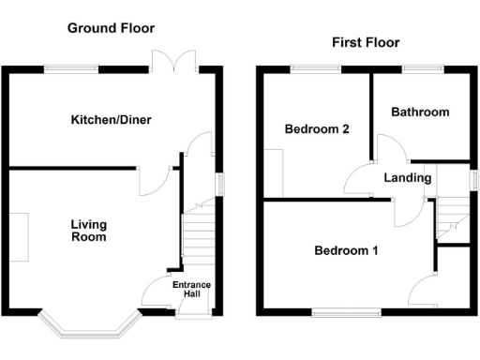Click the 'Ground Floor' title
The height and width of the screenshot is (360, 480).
[x=111, y=28]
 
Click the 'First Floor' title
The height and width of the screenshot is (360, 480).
[x=366, y=42]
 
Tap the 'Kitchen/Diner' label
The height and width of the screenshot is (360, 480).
[x=112, y=120]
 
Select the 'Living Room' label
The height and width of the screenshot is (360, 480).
[x=90, y=231]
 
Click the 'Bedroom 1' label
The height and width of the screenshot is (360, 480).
[x=346, y=250]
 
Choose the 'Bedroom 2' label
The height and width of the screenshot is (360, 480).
[x=317, y=129]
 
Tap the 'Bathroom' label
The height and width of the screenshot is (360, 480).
[x=420, y=112]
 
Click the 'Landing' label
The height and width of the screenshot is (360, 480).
[x=407, y=177]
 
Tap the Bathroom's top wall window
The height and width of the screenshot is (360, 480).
[x=423, y=67]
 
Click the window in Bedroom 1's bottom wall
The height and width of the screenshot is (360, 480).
[x=346, y=312]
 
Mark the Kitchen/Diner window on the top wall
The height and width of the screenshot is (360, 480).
[x=72, y=67]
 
